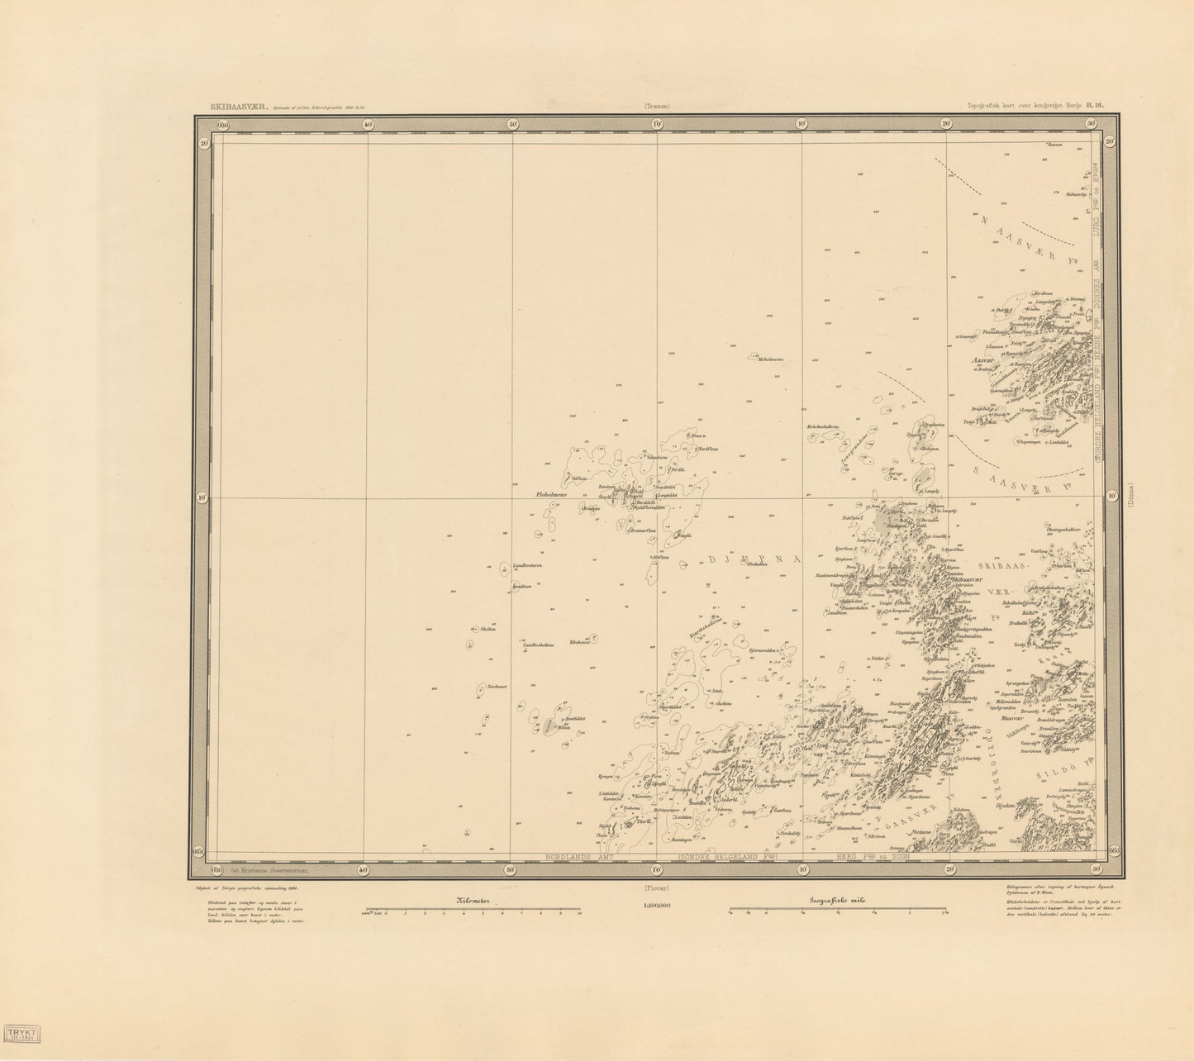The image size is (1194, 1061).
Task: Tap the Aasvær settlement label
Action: click(985, 360)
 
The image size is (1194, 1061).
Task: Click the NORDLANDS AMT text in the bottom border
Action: click(582, 858)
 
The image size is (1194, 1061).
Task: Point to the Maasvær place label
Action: click(1013, 718)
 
